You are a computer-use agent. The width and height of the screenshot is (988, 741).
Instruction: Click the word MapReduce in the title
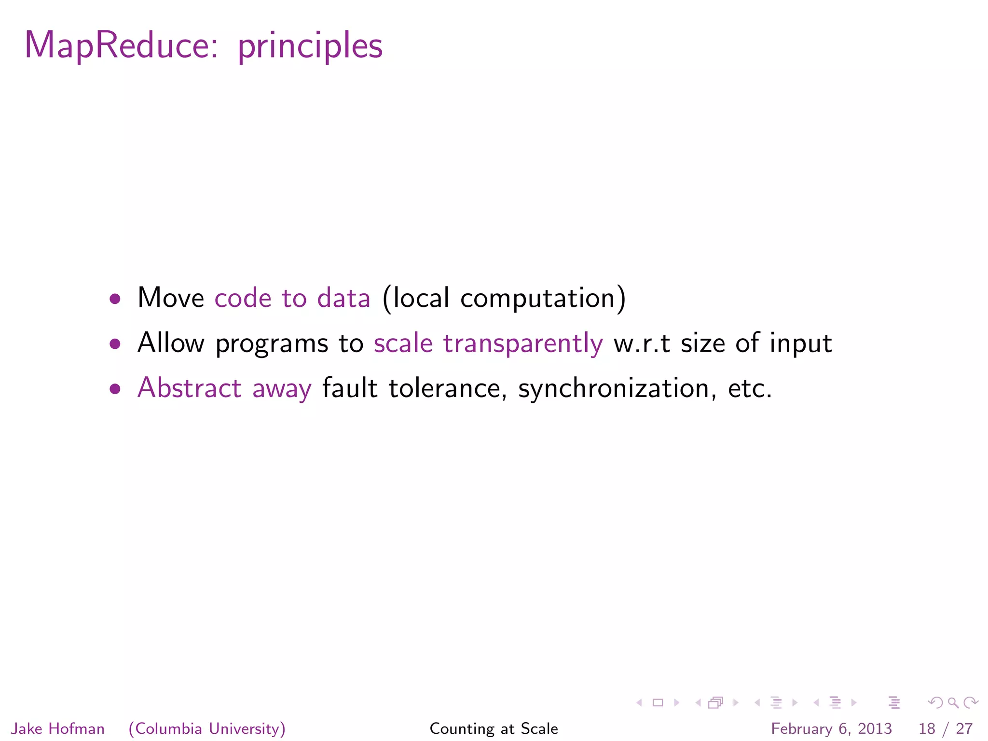[x=121, y=46]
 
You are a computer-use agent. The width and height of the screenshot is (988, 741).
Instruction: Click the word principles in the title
[x=310, y=47]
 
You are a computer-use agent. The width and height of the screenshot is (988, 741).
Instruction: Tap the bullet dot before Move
[x=115, y=299]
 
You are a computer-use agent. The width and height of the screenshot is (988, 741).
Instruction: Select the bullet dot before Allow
[x=115, y=344]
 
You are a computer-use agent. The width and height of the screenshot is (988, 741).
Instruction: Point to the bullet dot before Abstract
[x=115, y=389]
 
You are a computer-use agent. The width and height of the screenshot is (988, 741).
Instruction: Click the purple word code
[x=243, y=298]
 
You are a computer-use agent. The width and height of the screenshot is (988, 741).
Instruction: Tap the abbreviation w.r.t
[x=642, y=343]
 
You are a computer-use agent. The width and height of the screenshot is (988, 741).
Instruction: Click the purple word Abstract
[x=189, y=388]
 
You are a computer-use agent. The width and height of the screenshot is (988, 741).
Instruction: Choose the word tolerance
[x=445, y=389]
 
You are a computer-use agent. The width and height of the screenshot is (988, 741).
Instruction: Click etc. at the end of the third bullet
[x=750, y=389]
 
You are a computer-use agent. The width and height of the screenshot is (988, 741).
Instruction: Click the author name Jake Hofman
[x=58, y=728]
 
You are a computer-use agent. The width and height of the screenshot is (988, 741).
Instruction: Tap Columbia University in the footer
[x=207, y=728]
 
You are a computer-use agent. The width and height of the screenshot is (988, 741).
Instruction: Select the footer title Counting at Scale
[x=494, y=728]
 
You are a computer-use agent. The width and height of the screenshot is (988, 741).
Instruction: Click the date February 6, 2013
[x=831, y=728]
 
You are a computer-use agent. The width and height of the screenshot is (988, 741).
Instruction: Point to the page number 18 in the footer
[x=927, y=728]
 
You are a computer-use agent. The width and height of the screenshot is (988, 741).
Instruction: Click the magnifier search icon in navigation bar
[x=953, y=703]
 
